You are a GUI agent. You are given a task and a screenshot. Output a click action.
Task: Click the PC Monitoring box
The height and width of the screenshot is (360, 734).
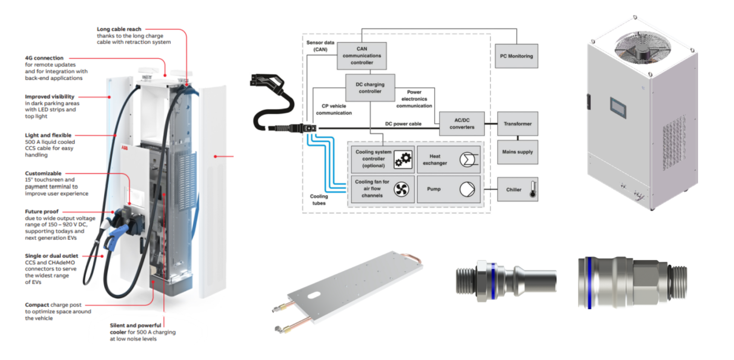[516, 56]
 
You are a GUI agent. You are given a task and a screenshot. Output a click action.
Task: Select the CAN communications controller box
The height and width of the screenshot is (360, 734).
[362, 56]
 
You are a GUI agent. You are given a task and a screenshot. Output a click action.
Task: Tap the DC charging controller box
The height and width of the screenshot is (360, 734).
[370, 88]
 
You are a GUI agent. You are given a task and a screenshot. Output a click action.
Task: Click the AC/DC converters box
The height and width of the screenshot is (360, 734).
[462, 124]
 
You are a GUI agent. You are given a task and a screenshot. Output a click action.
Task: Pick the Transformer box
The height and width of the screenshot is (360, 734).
[518, 124]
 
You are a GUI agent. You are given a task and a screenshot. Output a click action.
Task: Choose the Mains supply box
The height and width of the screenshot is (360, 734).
[518, 152]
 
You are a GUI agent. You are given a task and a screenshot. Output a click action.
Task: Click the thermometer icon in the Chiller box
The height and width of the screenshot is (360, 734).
[533, 189]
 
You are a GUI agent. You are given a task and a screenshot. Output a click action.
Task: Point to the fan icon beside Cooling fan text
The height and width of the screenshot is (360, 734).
[401, 189]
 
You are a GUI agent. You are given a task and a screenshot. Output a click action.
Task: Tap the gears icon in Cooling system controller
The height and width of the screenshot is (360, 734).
[403, 160]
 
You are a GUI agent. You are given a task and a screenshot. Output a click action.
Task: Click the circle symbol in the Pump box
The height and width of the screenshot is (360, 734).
[467, 189]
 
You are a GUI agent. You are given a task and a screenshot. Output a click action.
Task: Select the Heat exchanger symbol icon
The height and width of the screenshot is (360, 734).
[468, 160]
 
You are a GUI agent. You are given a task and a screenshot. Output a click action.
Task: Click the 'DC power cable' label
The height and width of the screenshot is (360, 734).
[403, 124]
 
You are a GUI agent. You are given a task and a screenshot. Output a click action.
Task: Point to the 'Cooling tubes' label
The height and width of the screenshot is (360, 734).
[319, 200]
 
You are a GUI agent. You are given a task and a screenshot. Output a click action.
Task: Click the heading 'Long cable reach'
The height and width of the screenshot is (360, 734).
[119, 29]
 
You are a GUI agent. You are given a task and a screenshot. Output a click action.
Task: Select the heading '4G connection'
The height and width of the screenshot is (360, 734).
[44, 58]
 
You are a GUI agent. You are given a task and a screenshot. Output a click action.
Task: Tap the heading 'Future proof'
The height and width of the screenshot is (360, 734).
[42, 212]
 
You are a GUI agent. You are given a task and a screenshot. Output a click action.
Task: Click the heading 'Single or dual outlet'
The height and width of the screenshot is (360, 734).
[52, 256]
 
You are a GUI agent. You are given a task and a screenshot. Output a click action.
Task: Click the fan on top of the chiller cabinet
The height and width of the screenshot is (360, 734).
[643, 47]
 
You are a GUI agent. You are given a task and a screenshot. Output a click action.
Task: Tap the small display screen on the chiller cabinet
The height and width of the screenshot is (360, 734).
[618, 107]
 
